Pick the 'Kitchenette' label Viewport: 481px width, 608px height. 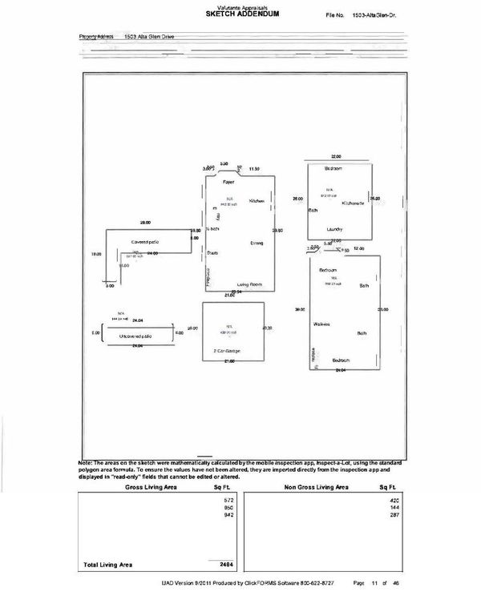[354, 203]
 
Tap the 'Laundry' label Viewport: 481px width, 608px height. [335, 229]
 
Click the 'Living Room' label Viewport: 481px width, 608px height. [251, 284]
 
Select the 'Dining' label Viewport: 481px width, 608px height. [257, 242]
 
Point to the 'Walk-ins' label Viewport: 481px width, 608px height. [324, 324]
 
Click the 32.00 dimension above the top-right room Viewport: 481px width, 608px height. [337, 157]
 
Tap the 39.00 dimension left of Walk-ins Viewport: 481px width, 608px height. [299, 309]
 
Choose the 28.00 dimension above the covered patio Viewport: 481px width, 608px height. [146, 221]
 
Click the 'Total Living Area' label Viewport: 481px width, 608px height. [109, 565]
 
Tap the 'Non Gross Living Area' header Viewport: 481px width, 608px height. [317, 487]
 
